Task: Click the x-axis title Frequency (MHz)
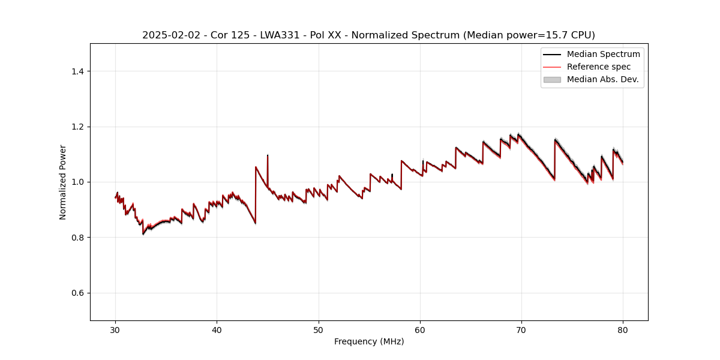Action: coord(369,341)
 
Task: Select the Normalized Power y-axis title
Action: coord(63,182)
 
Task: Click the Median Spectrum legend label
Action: coord(603,54)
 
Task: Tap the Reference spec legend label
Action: coord(598,67)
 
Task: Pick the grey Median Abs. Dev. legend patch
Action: coord(552,79)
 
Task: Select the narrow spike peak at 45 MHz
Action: coord(268,155)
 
